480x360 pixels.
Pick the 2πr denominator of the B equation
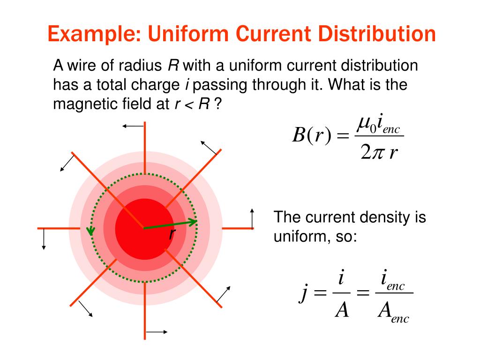[379, 153]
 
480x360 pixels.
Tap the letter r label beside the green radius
[172, 234]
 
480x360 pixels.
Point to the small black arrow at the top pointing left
[133, 126]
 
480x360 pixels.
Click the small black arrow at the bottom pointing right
[157, 332]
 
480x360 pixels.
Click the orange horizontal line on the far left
[53, 228]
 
